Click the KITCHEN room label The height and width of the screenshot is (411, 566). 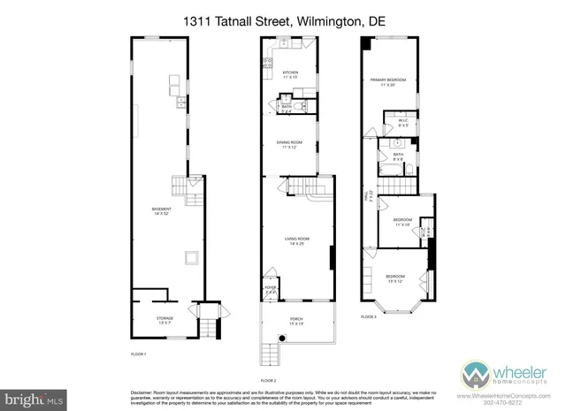(x=289, y=72)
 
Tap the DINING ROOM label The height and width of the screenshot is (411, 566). (x=289, y=142)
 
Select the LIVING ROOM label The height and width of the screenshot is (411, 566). (x=295, y=239)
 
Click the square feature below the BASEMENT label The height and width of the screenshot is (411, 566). (x=190, y=257)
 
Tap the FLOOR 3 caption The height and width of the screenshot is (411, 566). (x=368, y=315)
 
